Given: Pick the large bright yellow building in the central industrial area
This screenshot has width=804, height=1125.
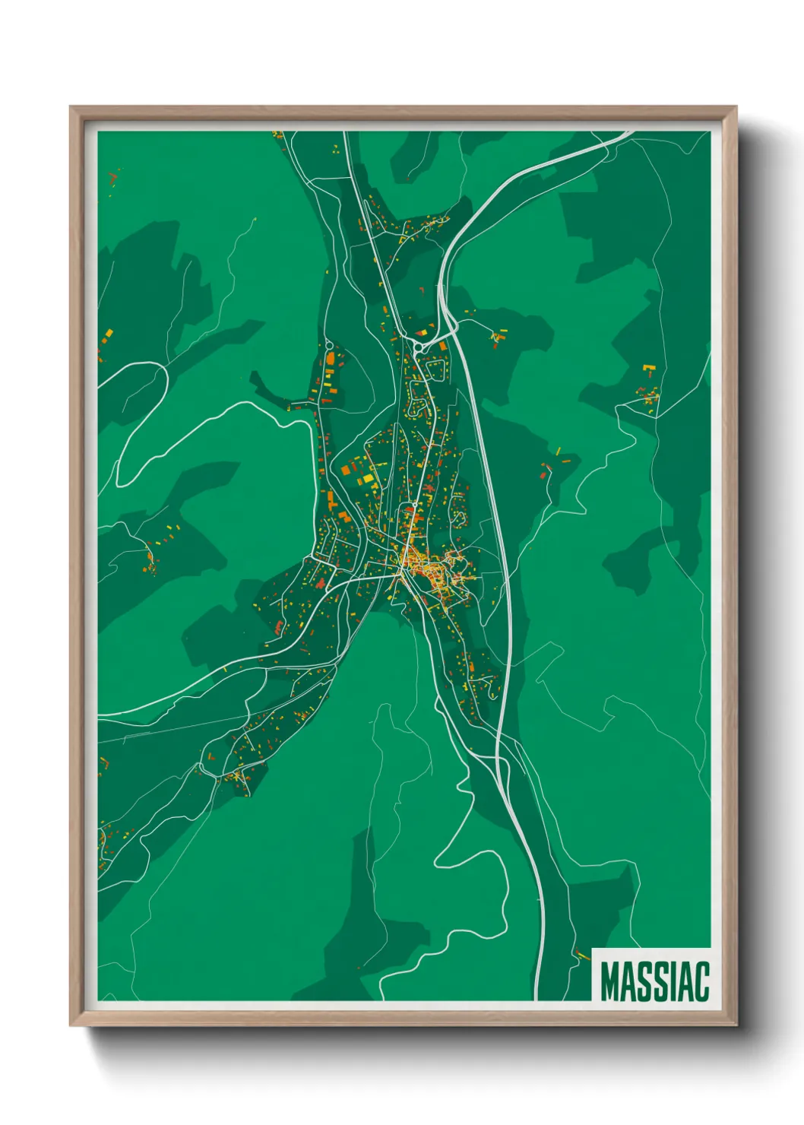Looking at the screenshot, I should pos(369,479).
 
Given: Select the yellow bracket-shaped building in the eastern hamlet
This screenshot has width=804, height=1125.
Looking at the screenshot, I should pos(648,369).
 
